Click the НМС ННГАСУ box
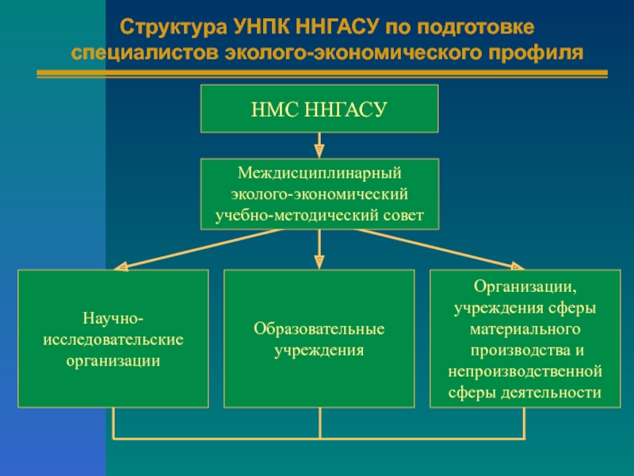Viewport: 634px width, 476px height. (319, 109)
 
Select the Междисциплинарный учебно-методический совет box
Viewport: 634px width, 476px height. (319, 194)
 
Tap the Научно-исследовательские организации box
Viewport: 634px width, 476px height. (113, 339)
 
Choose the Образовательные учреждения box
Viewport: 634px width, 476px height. (319, 339)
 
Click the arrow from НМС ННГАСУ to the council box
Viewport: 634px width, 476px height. (319, 145)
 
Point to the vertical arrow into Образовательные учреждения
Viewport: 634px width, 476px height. (319, 250)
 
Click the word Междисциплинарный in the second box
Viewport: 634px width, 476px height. (319, 172)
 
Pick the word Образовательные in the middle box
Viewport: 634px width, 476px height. (319, 328)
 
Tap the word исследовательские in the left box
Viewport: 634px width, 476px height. (113, 340)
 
